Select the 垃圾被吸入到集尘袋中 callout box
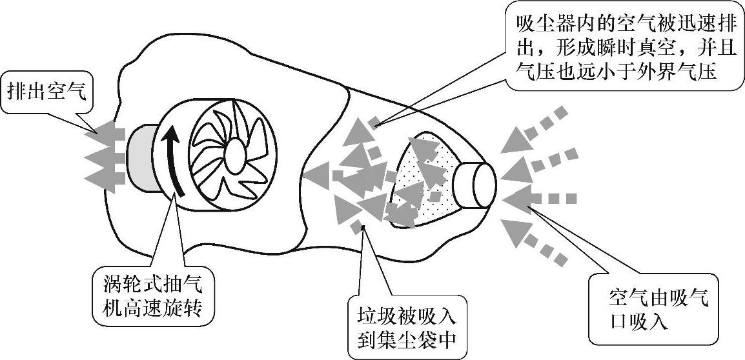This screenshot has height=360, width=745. coord(407,328)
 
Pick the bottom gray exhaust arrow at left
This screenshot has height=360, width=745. coord(102,176)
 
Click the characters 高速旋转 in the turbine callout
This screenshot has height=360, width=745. coord(165,307)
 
